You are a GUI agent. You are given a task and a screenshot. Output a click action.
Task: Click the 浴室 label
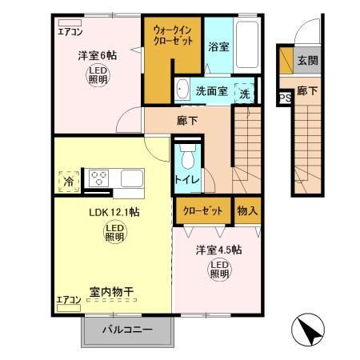coord(218,46)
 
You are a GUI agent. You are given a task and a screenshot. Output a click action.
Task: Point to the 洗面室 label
coord(212,91)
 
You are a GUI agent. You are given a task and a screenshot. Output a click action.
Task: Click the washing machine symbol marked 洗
coord(246,92)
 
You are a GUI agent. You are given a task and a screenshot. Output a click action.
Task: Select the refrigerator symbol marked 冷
coord(69,182)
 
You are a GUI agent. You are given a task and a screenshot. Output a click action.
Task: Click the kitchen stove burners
coord(99,178)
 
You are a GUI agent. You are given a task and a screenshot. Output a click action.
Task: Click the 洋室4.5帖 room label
coord(219,250)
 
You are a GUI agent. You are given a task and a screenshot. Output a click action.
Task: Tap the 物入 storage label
coord(247,210)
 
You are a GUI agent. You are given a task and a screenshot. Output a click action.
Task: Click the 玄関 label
coord(306,59)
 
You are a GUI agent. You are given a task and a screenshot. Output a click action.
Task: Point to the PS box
coord(284,98)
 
